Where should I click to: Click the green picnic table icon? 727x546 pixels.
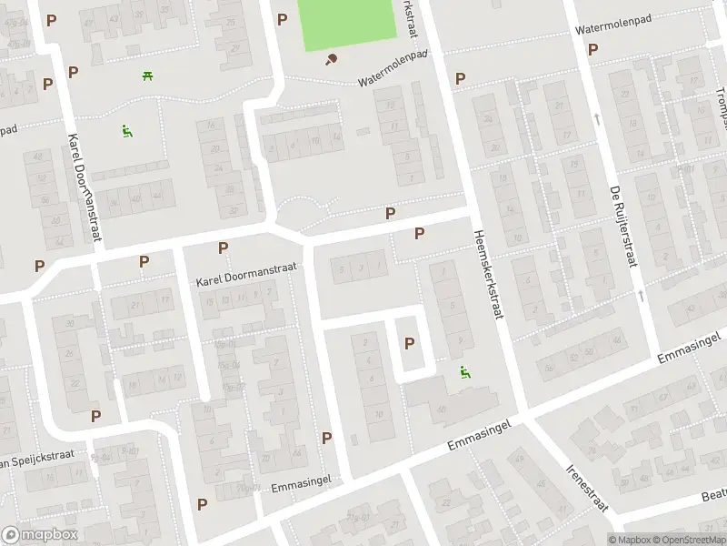(x=146, y=76)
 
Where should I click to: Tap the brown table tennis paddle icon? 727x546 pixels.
(x=330, y=60)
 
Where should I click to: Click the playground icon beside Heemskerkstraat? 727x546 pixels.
(x=464, y=371)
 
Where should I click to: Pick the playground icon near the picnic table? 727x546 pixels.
(x=126, y=131)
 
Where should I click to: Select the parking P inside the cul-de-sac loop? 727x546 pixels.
(x=409, y=343)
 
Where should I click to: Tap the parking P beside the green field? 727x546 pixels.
(x=282, y=19)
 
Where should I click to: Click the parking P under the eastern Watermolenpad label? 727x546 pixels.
(x=593, y=49)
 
